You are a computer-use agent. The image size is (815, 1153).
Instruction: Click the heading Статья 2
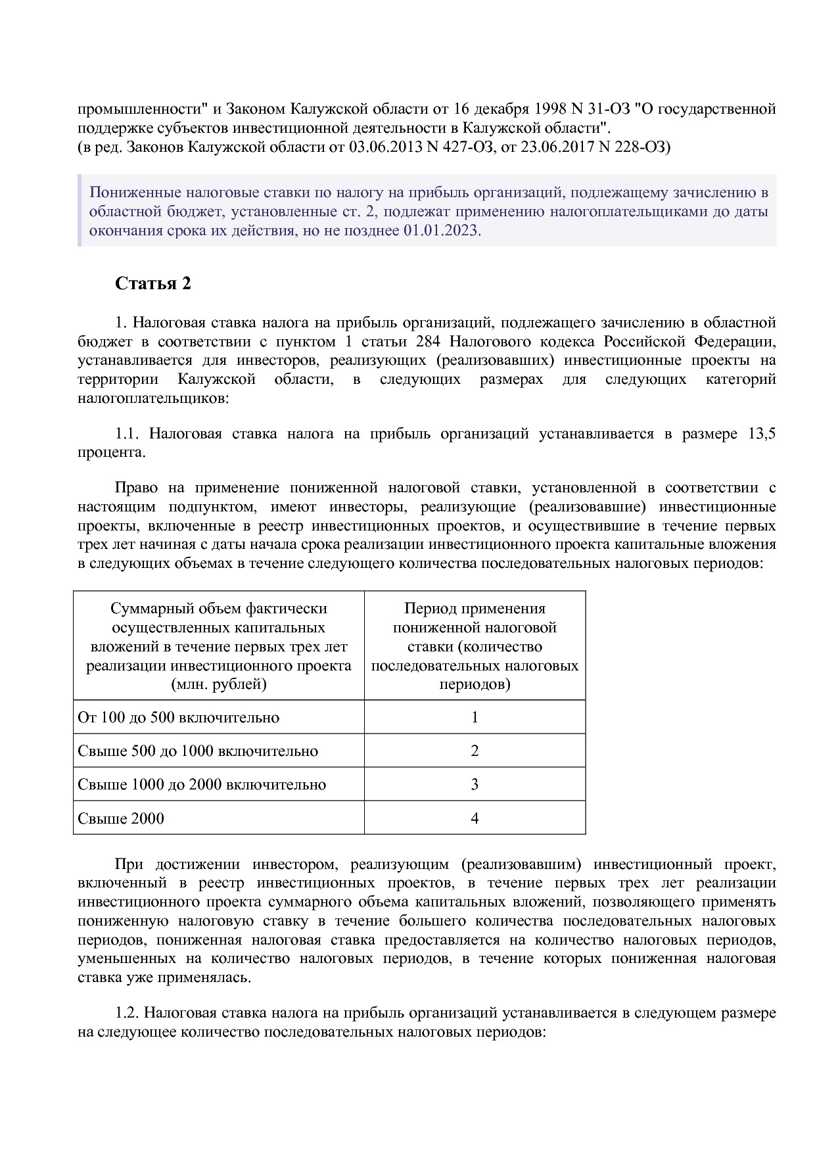(152, 283)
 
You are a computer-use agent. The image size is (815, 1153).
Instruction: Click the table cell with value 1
(475, 717)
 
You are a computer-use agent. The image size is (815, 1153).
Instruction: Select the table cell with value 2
(475, 751)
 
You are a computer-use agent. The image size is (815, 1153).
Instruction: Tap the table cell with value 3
(475, 784)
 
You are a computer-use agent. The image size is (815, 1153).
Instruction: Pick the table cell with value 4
(475, 818)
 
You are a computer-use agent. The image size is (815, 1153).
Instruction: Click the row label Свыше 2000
(121, 818)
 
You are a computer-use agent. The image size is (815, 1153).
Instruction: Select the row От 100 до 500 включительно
(178, 717)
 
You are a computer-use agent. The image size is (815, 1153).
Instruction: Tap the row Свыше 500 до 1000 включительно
(197, 751)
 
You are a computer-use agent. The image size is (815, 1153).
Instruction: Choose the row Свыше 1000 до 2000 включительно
(201, 784)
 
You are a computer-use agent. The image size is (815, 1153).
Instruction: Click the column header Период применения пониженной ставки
(475, 646)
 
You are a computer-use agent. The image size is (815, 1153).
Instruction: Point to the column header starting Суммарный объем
(218, 646)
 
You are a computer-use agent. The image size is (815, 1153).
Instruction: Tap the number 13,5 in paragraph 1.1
(762, 434)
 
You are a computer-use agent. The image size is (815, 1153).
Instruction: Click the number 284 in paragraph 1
(429, 342)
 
